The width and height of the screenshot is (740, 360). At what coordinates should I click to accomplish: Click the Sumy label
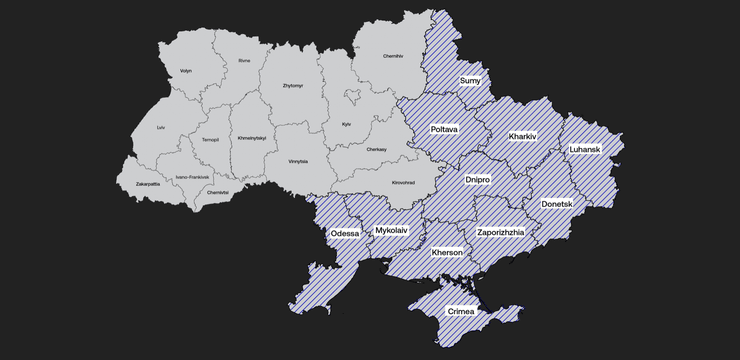(470, 79)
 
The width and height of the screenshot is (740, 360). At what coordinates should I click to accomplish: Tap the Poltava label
(444, 129)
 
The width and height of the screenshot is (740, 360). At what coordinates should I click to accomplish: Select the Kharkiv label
(522, 136)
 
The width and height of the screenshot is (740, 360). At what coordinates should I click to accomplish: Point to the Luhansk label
(584, 149)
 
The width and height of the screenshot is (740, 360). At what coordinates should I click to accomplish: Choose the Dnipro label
(478, 179)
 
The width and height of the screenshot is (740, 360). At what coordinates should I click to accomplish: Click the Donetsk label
(557, 203)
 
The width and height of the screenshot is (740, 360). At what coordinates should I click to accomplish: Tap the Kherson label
(446, 253)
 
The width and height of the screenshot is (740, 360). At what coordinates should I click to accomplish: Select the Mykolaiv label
(390, 230)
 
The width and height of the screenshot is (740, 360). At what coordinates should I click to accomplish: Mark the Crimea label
(462, 312)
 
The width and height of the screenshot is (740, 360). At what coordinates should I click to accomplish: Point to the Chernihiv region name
(393, 56)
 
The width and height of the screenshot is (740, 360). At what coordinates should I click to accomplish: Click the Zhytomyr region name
(292, 86)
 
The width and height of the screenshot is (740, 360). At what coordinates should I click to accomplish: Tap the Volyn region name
(186, 71)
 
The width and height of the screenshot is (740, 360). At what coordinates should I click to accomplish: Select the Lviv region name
(161, 127)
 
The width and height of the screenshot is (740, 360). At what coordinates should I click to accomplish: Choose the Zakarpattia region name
(148, 184)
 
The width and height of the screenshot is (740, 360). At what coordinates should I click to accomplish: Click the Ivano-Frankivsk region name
(193, 177)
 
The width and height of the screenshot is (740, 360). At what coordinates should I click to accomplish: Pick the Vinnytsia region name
(298, 161)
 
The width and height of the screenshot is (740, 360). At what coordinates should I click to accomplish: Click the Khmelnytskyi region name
(252, 138)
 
